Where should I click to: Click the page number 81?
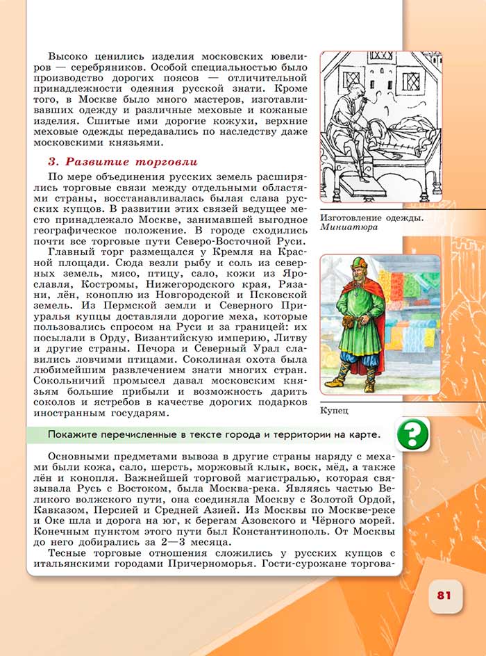pyautogui.click(x=444, y=596)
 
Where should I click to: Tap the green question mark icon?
pyautogui.click(x=412, y=434)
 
